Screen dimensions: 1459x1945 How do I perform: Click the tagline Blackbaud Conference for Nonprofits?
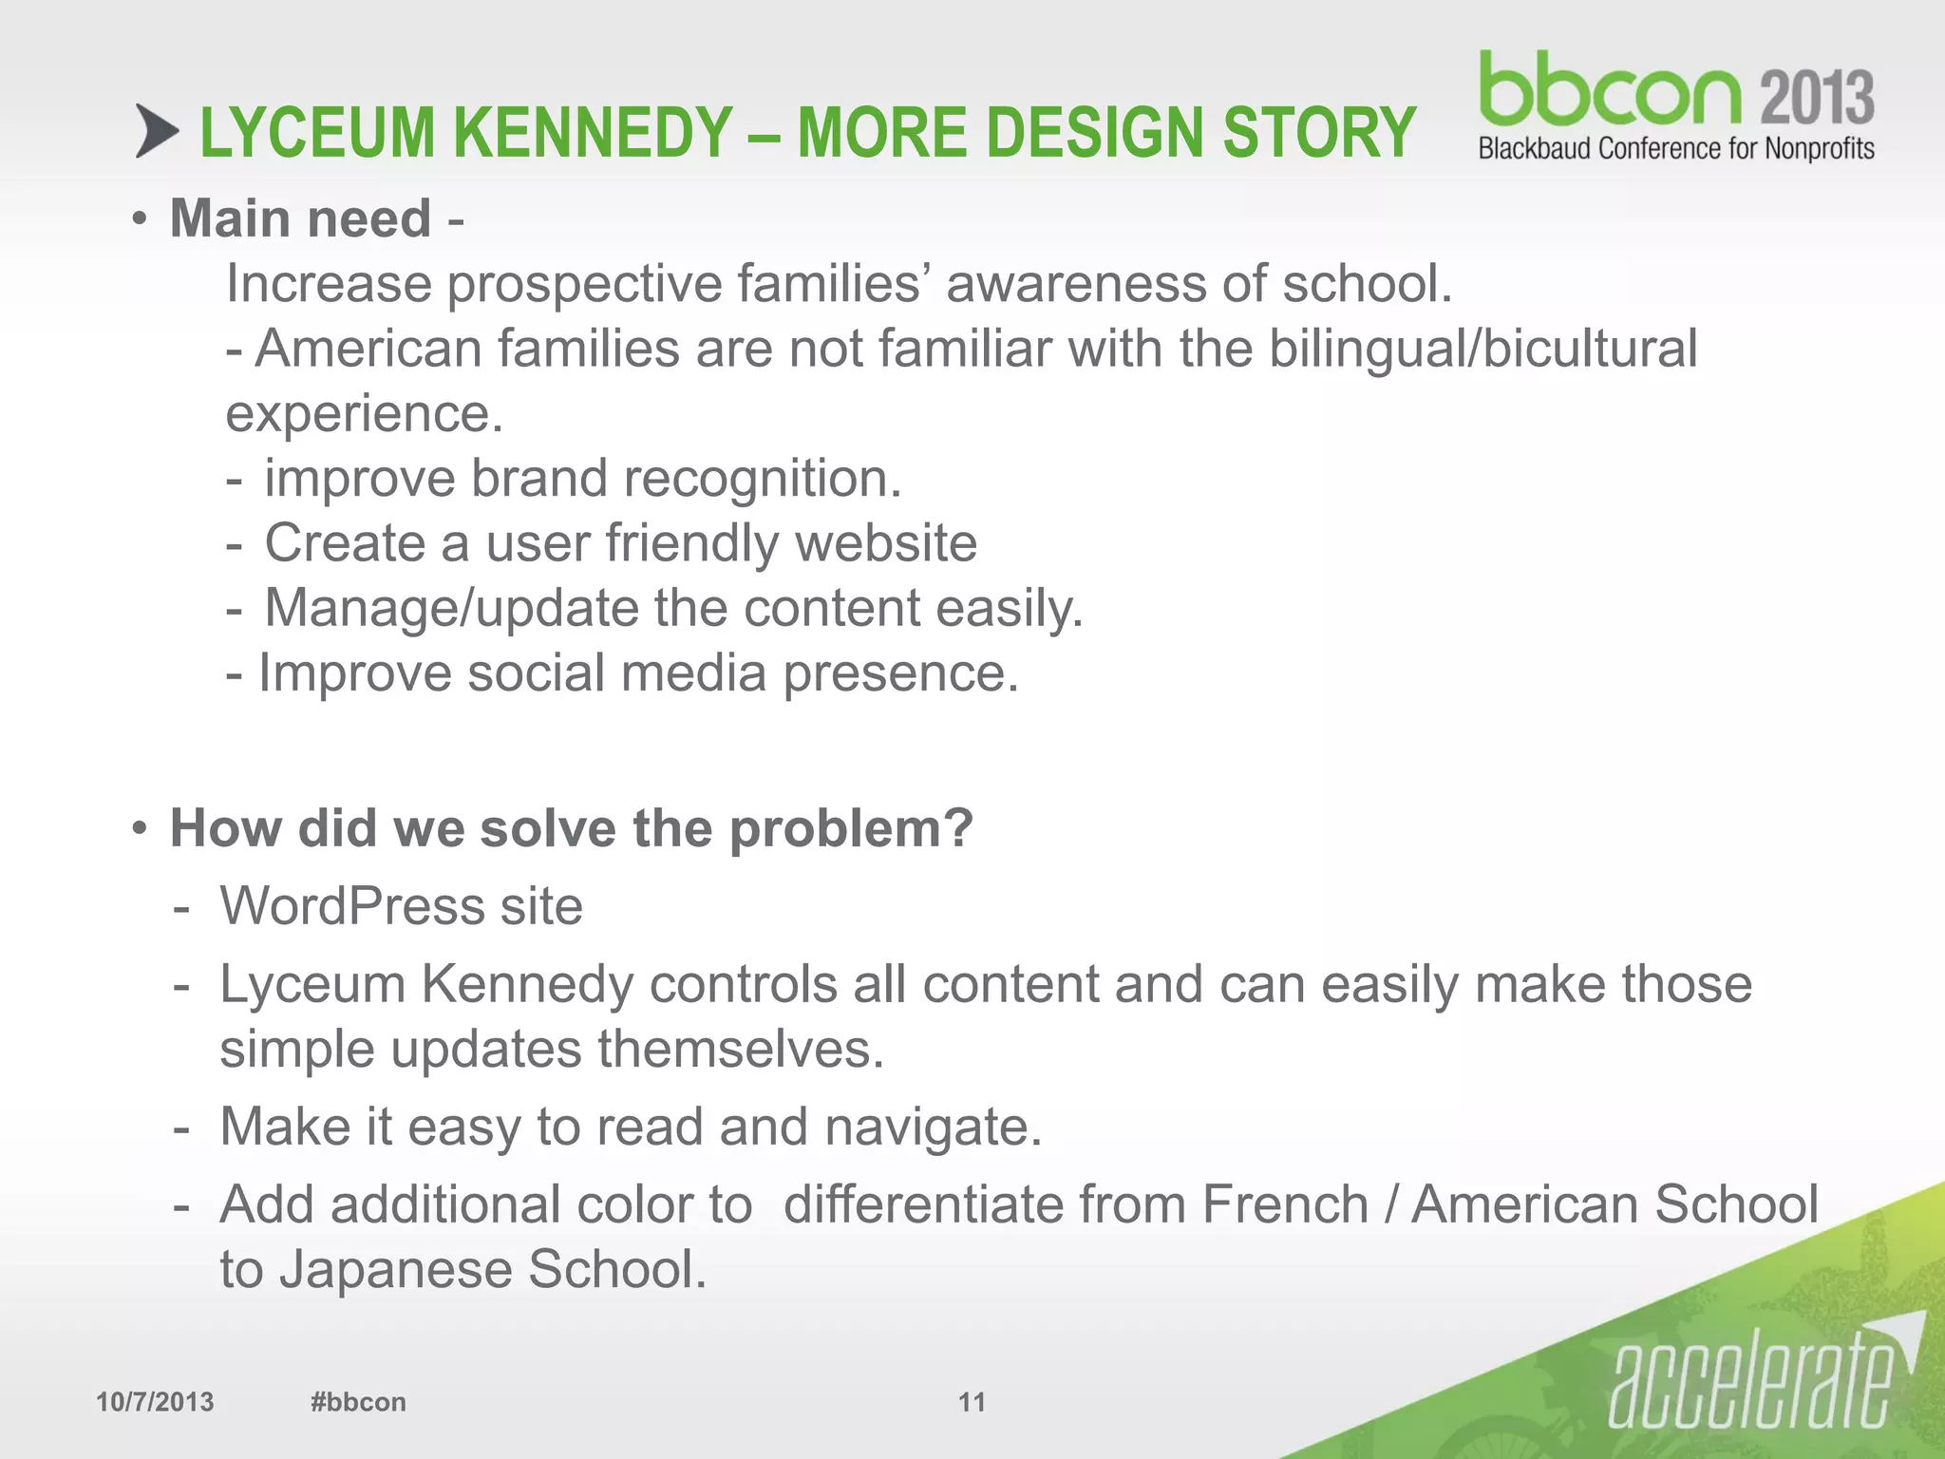pos(1676,149)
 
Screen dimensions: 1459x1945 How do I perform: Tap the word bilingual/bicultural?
pos(1482,348)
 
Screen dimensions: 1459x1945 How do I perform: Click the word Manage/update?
pos(451,608)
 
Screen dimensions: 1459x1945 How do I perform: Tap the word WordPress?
pos(352,905)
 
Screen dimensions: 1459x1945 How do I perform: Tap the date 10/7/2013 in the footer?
pos(155,1402)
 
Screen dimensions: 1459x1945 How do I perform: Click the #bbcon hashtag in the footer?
pos(358,1402)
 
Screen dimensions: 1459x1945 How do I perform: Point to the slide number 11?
pos(972,1402)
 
